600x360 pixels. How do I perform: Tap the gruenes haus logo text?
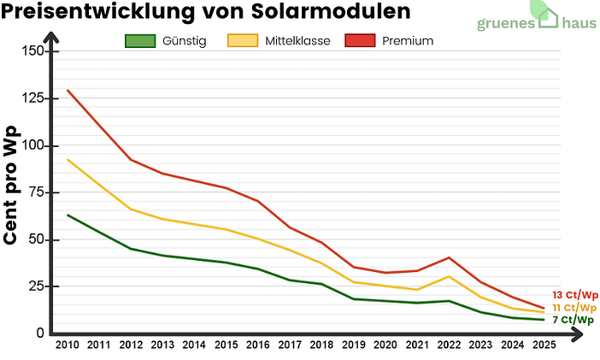point(536,24)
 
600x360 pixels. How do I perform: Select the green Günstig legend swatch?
point(140,41)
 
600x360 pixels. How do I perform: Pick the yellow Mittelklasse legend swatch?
point(243,41)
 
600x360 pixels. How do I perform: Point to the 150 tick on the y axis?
point(31,51)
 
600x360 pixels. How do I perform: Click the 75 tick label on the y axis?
point(34,192)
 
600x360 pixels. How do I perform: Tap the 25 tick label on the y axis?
point(34,286)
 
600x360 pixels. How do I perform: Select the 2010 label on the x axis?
point(67,345)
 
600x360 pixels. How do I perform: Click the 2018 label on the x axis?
point(321,345)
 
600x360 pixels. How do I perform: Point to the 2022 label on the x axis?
point(448,345)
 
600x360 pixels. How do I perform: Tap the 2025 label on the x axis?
point(543,345)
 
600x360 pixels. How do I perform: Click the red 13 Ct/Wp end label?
point(574,295)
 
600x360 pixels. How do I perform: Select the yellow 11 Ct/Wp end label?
point(574,308)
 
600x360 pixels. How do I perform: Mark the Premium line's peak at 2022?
point(449,257)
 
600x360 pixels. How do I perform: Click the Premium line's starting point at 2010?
point(68,90)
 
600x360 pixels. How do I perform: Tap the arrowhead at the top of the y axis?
point(52,36)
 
